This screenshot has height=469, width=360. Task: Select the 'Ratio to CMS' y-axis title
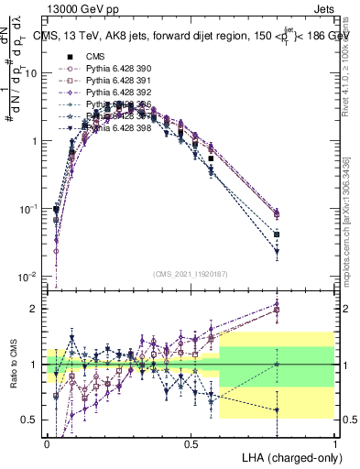pos(13,365)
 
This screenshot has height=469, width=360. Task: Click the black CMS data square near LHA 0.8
pos(277,234)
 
